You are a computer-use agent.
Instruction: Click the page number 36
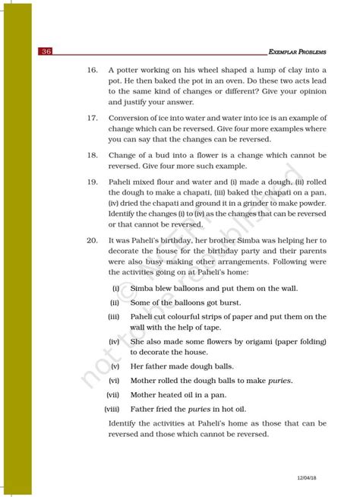tap(47, 52)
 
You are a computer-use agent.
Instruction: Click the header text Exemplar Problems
tap(298, 52)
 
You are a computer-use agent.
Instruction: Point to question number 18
tap(92, 154)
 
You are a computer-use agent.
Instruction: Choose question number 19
tap(92, 182)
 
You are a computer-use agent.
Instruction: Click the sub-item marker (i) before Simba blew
tap(115, 289)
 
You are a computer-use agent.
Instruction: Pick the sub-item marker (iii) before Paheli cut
tap(114, 316)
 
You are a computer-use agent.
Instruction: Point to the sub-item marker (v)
tap(115, 366)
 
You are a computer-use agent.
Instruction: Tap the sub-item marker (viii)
tap(112, 408)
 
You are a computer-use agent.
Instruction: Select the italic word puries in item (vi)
tap(280, 380)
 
